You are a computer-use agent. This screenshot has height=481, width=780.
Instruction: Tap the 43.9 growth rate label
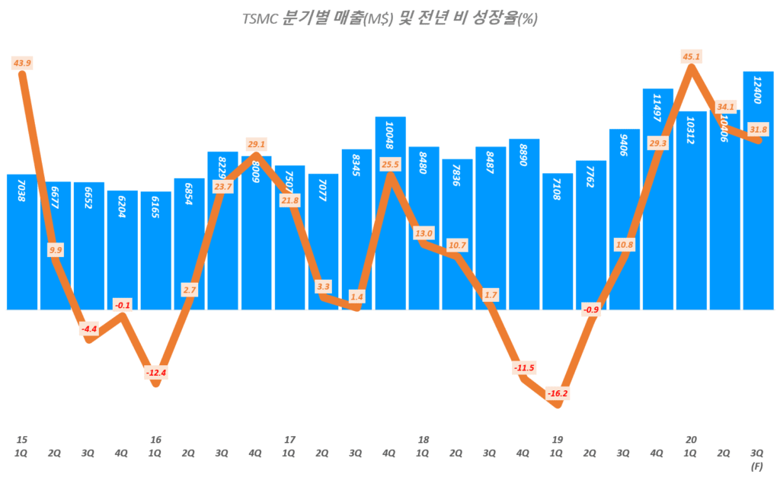pyautogui.click(x=22, y=63)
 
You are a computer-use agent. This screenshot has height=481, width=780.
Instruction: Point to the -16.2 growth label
pyautogui.click(x=557, y=394)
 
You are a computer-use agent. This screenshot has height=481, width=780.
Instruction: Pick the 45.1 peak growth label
pyautogui.click(x=692, y=56)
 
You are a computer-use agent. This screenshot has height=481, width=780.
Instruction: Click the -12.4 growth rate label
pyautogui.click(x=155, y=373)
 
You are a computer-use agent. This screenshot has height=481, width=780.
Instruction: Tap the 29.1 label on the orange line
pyautogui.click(x=257, y=143)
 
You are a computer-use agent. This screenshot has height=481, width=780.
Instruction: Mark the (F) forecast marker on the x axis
pyautogui.click(x=758, y=464)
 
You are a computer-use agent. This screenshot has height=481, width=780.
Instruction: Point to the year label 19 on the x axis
pyautogui.click(x=558, y=440)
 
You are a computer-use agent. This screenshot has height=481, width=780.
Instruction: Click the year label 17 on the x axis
pyautogui.click(x=289, y=440)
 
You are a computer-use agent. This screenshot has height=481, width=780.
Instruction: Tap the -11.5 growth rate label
pyautogui.click(x=525, y=369)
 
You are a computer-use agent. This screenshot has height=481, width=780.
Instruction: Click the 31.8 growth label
pyautogui.click(x=758, y=129)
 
